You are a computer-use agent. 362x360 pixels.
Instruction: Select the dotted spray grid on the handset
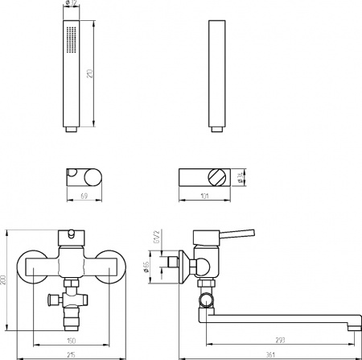click(71, 38)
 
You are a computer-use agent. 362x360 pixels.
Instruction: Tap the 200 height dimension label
click(7, 279)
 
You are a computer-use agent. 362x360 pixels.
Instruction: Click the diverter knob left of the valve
click(54, 300)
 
